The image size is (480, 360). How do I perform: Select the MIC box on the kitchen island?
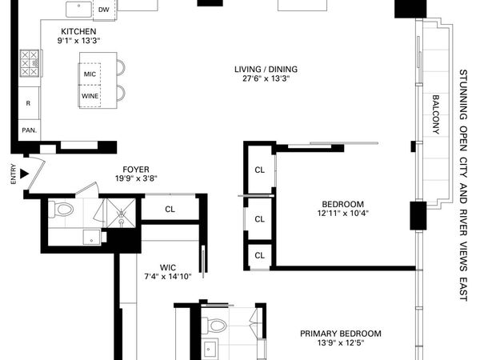[x=90, y=74]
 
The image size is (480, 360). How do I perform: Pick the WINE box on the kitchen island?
[x=90, y=96]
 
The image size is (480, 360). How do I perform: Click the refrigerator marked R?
[x=28, y=103]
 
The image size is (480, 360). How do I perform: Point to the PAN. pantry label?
[x=29, y=130]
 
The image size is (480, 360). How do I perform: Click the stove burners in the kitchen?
[x=30, y=62]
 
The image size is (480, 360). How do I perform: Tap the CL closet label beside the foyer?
[x=170, y=210]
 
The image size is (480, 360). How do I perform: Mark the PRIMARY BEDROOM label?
[x=340, y=334]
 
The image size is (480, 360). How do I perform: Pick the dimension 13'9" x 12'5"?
[x=340, y=345]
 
